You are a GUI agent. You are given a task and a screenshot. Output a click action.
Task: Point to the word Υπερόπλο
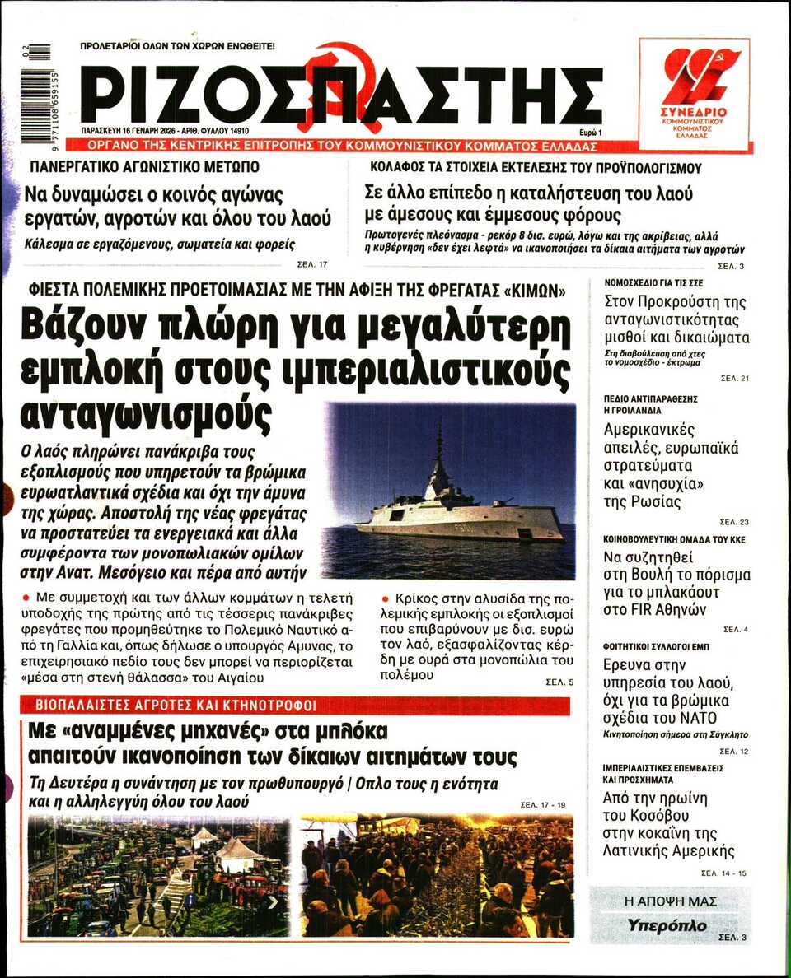[x=667, y=925]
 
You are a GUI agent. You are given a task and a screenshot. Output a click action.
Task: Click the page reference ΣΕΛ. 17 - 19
[x=542, y=803]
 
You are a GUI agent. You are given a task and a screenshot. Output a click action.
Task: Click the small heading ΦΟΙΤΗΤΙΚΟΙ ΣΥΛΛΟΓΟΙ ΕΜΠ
[x=656, y=648]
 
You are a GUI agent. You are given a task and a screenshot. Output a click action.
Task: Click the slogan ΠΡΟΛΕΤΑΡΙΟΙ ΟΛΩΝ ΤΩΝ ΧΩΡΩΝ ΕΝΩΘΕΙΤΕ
[x=177, y=47]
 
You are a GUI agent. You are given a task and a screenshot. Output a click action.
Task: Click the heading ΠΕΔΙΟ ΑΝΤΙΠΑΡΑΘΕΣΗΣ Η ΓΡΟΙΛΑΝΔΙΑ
[x=651, y=403]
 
